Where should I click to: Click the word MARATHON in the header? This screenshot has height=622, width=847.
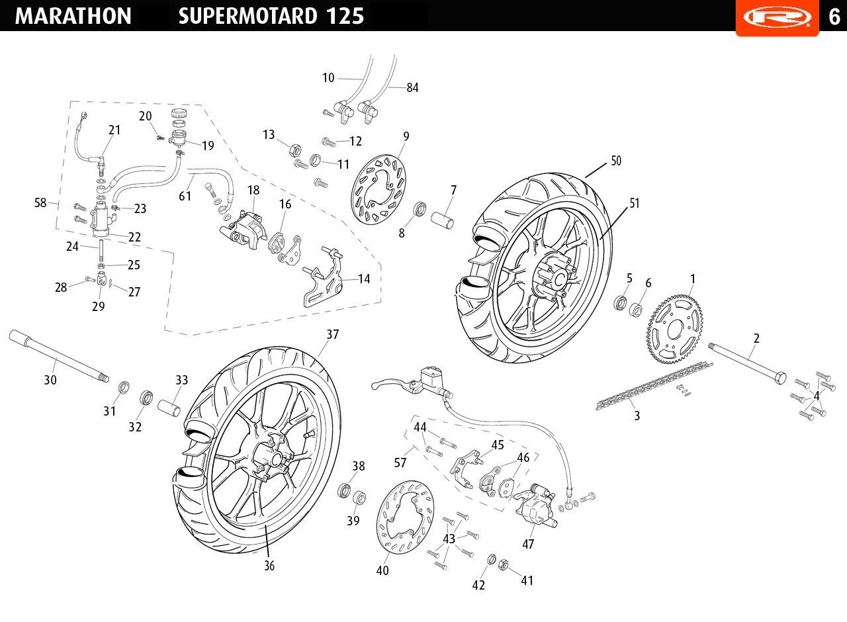73,16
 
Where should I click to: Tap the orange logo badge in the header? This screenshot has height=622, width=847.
777,17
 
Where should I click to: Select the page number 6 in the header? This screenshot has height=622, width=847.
834,17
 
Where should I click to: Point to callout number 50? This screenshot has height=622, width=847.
616,161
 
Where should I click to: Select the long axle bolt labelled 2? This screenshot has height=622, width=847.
747,363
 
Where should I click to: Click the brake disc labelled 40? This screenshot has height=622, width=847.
405,517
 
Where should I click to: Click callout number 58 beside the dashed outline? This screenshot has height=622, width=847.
40,202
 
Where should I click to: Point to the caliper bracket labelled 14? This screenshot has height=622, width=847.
324,277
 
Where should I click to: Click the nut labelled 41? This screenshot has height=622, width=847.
504,565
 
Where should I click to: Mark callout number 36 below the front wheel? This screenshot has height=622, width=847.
269,566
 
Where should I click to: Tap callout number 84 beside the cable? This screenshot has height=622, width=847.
412,88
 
